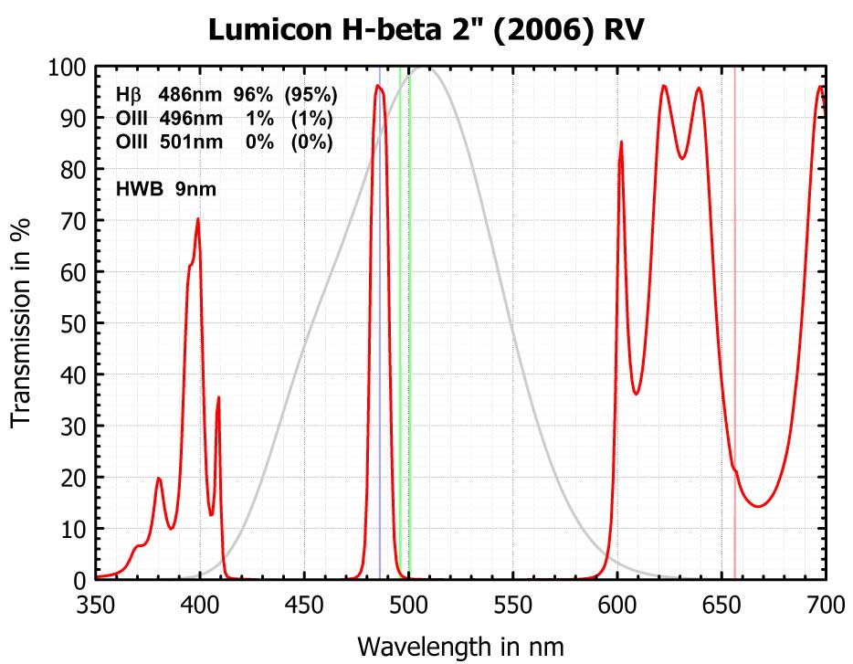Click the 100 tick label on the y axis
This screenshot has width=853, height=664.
point(66,67)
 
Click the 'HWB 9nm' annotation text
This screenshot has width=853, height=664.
point(166,189)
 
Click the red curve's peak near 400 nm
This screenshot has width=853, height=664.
point(197,219)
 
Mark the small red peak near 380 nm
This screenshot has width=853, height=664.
point(159,478)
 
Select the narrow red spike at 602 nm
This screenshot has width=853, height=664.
point(621,142)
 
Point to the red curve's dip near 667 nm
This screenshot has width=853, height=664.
point(757,506)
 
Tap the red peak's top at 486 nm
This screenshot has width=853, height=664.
point(377,86)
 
